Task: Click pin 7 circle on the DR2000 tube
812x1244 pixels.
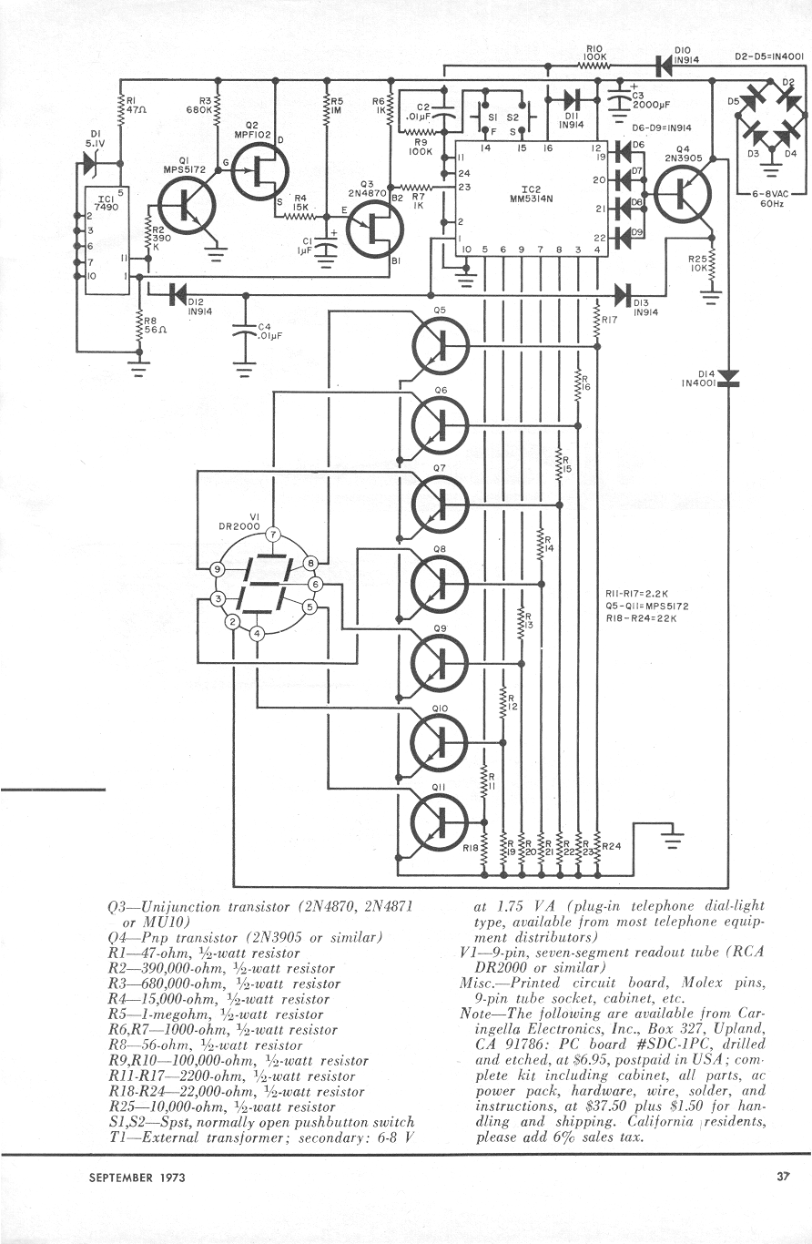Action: click(272, 535)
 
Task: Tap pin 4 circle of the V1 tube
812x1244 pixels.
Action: click(257, 633)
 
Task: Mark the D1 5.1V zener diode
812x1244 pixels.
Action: click(90, 163)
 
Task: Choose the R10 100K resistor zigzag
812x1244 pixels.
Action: click(595, 67)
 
